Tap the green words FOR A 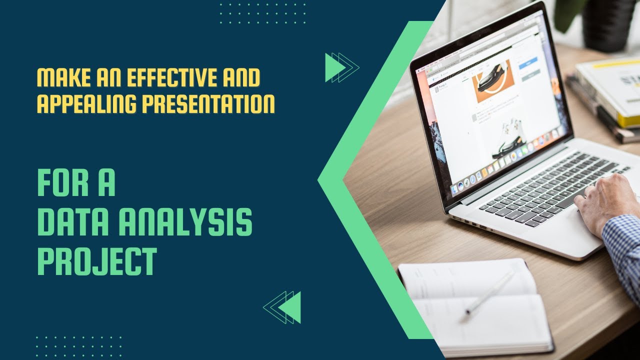(76, 183)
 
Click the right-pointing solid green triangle (334, 67)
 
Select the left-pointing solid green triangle (291, 306)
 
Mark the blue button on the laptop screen (528, 63)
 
